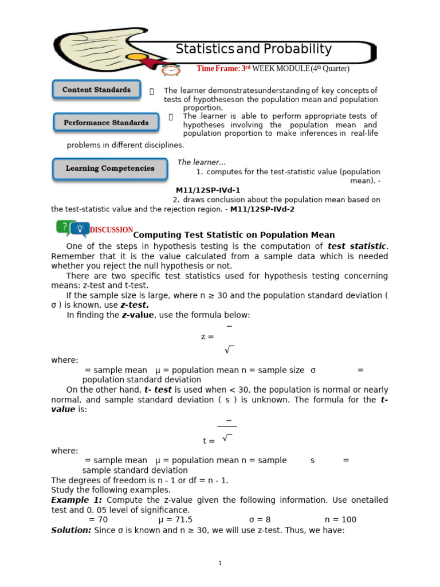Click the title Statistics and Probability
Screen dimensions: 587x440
(x=253, y=49)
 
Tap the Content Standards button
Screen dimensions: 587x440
(x=96, y=90)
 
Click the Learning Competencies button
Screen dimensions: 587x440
(x=110, y=169)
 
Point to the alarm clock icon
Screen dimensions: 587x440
(x=171, y=70)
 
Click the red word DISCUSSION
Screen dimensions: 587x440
(x=112, y=230)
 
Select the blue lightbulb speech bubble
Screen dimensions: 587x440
(x=80, y=230)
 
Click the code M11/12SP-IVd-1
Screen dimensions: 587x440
(x=208, y=190)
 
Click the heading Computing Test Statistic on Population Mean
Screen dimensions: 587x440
(x=234, y=235)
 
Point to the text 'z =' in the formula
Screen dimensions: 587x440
(x=207, y=336)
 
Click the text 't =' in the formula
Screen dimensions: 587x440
(x=209, y=441)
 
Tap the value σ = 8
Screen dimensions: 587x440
(x=260, y=519)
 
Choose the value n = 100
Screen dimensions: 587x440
(x=340, y=519)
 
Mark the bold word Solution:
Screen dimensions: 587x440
(x=71, y=530)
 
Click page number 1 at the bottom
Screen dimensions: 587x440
(x=220, y=563)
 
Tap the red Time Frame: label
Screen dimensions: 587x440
(x=218, y=69)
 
